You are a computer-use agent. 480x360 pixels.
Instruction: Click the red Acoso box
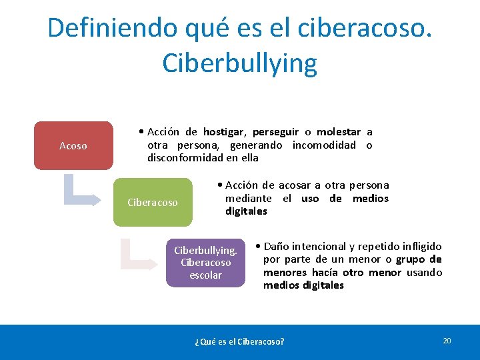tap(73, 145)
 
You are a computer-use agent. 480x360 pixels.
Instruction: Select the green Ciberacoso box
tap(152, 202)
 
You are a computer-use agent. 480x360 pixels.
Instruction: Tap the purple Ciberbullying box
tap(205, 263)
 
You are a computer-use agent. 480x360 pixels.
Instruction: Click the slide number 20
tap(447, 341)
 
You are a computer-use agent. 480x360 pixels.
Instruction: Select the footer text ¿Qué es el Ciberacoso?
tap(239, 341)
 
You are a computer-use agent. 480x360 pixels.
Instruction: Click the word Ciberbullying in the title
tap(239, 63)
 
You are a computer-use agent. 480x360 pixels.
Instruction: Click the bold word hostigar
tap(224, 132)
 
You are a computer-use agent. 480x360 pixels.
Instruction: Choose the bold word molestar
tap(339, 132)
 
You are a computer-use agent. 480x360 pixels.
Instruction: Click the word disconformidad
tap(185, 158)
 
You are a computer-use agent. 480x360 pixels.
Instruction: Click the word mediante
tap(248, 198)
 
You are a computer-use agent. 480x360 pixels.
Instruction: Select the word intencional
tap(319, 247)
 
